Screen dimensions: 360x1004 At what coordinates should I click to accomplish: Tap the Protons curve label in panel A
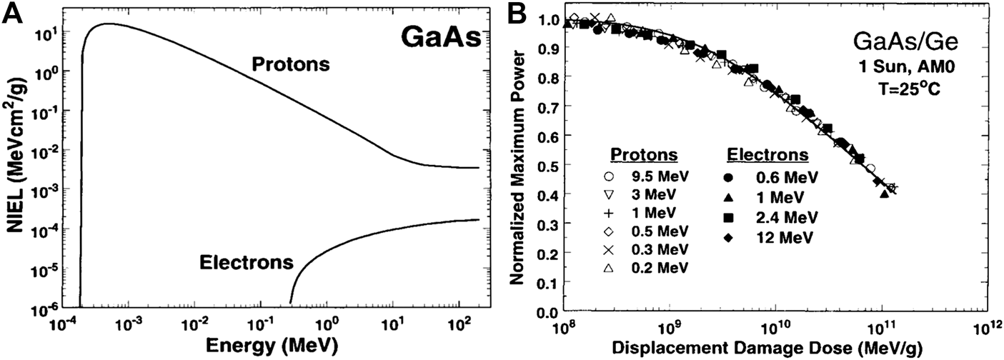point(290,65)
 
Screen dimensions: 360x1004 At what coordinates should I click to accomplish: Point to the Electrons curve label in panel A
point(246,262)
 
